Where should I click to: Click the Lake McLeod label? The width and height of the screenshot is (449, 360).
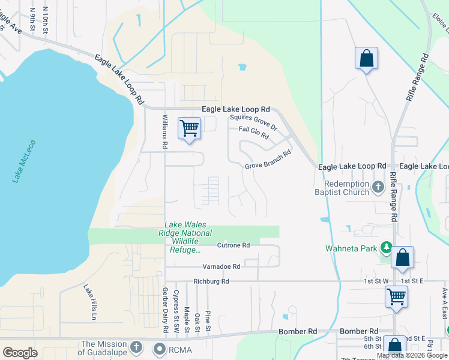(x=25, y=161)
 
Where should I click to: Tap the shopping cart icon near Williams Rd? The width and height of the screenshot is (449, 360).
(x=189, y=128)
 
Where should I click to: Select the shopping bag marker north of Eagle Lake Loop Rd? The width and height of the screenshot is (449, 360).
(x=366, y=59)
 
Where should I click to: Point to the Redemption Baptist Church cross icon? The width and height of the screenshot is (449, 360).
(x=378, y=187)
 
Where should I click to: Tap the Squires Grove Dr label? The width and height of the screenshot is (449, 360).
(x=253, y=123)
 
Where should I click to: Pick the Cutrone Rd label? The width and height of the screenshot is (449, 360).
(x=233, y=245)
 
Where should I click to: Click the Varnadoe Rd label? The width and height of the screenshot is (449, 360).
(x=221, y=266)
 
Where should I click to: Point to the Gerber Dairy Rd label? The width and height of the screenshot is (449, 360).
(x=164, y=310)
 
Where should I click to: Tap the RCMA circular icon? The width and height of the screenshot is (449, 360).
(x=159, y=348)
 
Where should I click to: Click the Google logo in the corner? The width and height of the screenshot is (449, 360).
(x=20, y=353)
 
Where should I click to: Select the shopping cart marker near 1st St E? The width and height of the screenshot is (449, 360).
(x=397, y=296)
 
